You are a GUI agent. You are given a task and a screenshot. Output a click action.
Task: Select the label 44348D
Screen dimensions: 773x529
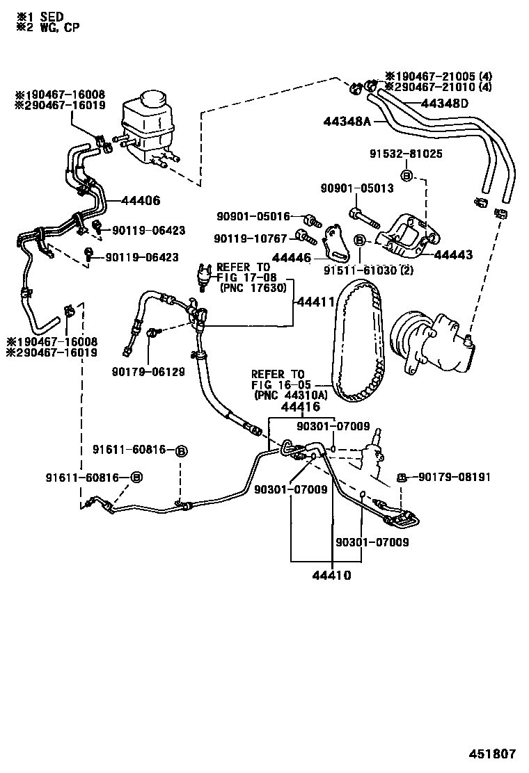pos(445,104)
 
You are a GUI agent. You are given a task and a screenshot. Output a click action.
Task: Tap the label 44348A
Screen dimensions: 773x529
pos(347,121)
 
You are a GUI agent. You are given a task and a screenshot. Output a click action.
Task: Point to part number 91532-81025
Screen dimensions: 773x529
pos(407,154)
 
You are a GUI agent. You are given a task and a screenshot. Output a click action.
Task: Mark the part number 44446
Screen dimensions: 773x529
pos(292,257)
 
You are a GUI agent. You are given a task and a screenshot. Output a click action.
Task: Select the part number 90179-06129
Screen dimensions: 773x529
pos(148,372)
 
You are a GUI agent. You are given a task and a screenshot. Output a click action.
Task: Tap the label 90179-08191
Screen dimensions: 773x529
pos(455,477)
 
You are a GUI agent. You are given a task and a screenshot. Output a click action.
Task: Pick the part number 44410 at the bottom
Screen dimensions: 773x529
pos(331,576)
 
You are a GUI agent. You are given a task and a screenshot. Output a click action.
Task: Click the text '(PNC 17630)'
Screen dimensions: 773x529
pos(253,287)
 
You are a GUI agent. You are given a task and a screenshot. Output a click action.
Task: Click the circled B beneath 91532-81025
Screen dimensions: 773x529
pos(407,174)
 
